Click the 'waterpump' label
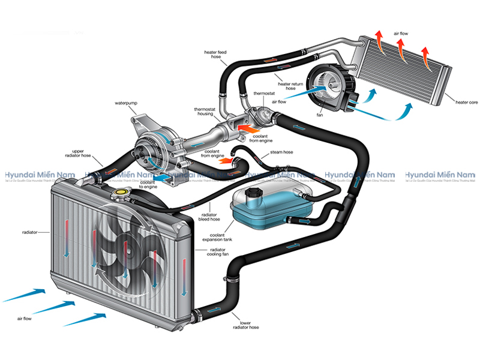pos(126,103)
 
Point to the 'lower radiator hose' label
pos(245,325)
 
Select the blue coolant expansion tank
pos(270,207)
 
